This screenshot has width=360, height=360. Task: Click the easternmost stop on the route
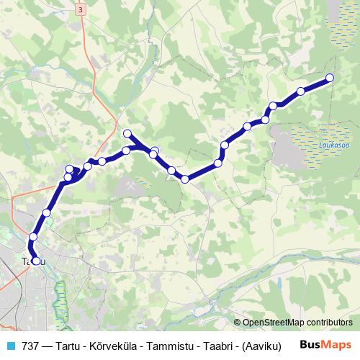(x=330, y=78)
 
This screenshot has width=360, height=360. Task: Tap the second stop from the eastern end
(x=301, y=91)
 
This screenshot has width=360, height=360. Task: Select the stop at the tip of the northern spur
(x=127, y=133)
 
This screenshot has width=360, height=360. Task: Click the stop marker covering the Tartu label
(x=36, y=261)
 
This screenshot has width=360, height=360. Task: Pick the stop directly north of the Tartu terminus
(x=33, y=237)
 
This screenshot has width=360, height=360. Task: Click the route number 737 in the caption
(x=30, y=345)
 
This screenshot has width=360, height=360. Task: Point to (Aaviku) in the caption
(x=263, y=345)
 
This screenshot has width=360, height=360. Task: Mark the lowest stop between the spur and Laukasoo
(x=186, y=179)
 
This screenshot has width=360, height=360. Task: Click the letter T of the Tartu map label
(x=24, y=261)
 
